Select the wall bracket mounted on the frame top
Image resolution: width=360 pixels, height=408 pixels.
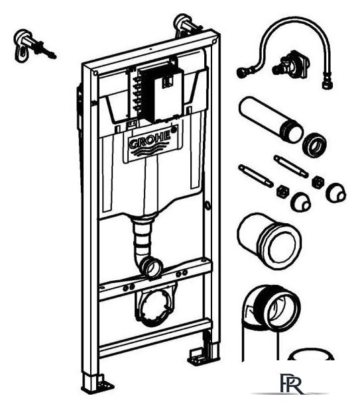187,25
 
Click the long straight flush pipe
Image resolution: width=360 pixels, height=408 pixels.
271,119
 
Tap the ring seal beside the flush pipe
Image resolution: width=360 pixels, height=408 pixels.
314,145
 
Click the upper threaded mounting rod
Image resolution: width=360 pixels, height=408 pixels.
291,166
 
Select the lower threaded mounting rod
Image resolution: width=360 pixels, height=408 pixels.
255,176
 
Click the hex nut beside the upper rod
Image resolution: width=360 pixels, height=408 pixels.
318,181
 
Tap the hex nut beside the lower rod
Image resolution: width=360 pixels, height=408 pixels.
283,191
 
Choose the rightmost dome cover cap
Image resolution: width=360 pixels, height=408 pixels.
336,193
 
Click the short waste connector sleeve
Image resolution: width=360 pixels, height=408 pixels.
269,240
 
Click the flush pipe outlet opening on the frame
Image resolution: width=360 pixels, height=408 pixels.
152,268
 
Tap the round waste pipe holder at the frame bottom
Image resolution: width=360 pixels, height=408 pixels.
154,307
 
